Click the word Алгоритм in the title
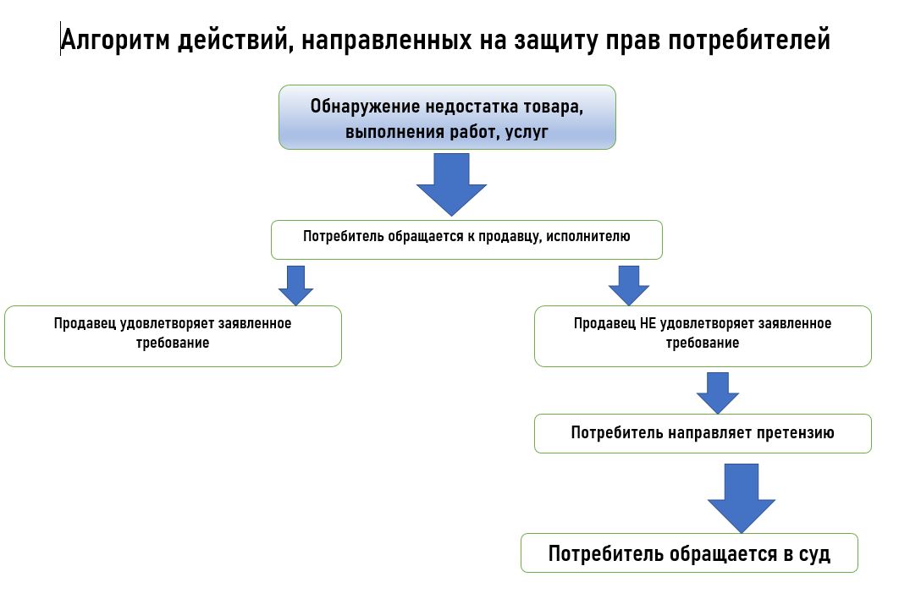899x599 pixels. pos(115,40)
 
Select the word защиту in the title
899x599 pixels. pos(555,41)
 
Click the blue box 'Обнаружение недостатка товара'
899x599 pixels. pos(447,118)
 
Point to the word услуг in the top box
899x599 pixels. pos(527,132)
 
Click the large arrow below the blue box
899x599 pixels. pos(451,184)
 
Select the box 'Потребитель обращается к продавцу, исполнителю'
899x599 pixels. pos(466,239)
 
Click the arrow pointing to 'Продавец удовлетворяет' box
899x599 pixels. pos(295,285)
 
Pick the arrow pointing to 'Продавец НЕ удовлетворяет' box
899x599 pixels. pos(629,285)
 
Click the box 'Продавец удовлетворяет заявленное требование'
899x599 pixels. pos(174,337)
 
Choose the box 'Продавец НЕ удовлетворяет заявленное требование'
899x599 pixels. pos(703,337)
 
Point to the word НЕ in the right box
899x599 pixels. pos(648,323)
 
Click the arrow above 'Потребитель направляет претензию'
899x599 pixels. pos(718,393)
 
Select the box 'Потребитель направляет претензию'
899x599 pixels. pos(703,433)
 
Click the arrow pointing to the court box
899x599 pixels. pos(742,498)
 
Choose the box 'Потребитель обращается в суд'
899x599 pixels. pos(689,553)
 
